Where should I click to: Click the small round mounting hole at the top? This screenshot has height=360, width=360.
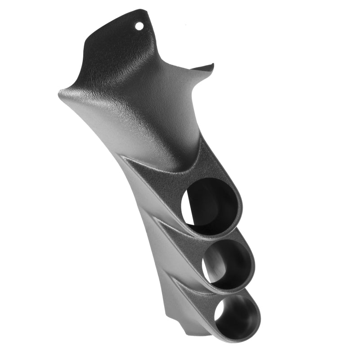coord(139,26)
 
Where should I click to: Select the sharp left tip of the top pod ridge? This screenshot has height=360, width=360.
coord(121,156)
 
